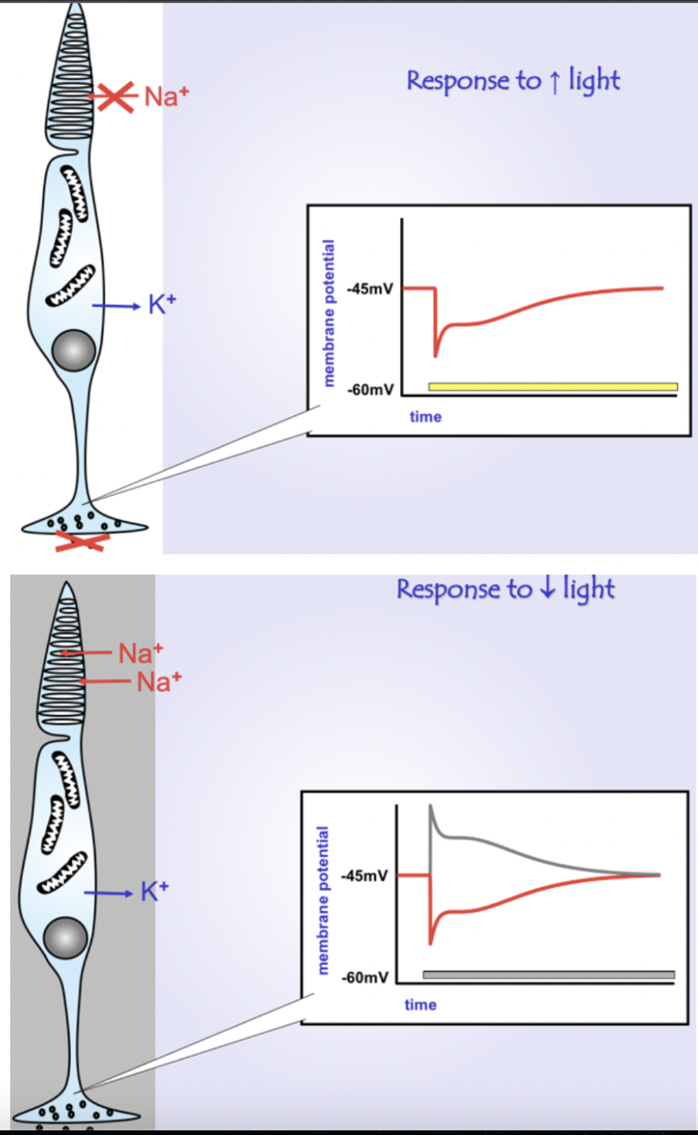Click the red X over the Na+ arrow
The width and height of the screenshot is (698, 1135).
pos(115,96)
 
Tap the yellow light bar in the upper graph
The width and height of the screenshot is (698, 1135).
pos(553,387)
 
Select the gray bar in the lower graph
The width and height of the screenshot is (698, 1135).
pos(548,974)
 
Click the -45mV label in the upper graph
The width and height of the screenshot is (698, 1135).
pos(370,290)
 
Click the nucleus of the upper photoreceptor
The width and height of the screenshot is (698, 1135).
pos(73,351)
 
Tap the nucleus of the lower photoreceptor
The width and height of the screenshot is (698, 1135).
pos(65,937)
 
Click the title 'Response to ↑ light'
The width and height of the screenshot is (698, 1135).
pos(513,81)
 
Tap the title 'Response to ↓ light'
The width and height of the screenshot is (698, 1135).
pos(506,590)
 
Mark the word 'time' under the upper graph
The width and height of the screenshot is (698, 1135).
pos(425,417)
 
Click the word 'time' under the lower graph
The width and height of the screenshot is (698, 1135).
pos(420,1005)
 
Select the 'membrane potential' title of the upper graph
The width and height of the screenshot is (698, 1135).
pos(330,313)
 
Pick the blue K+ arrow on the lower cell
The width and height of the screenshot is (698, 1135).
pos(108,893)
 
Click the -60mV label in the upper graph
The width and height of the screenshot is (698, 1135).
pos(371,389)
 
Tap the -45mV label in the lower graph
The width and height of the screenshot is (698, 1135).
pos(364,876)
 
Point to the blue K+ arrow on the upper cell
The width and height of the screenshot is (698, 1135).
pos(116,307)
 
